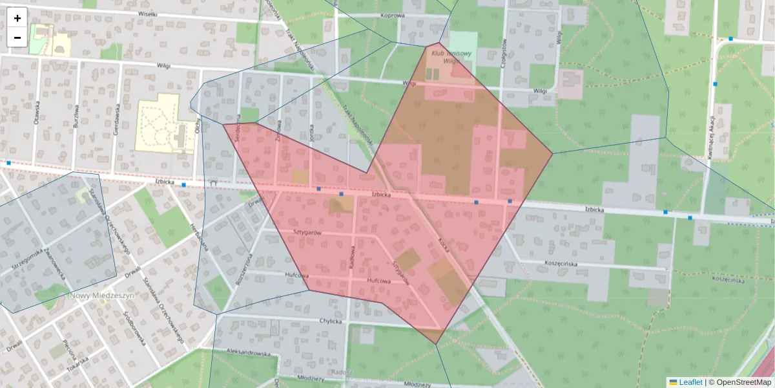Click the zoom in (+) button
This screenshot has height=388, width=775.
17,18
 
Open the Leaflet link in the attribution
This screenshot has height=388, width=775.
690,382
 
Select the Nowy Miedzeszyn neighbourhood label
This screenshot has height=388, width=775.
101,295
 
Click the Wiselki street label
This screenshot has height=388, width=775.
148,14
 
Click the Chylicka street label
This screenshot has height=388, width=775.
330,321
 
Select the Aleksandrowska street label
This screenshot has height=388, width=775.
247,354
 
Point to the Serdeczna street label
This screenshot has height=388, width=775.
238,129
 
